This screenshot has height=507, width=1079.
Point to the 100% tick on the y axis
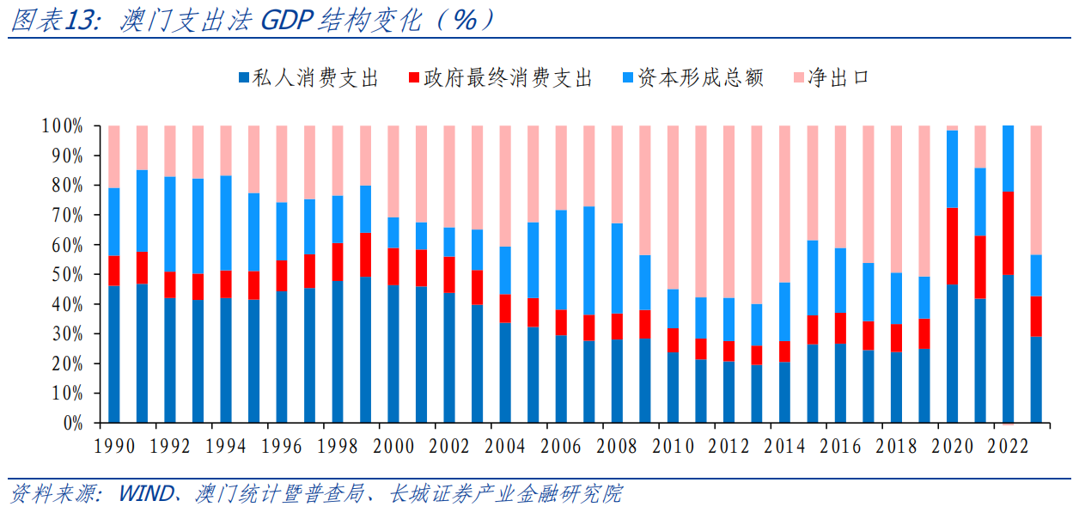pyautogui.click(x=62, y=126)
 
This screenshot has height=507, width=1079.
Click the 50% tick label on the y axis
pyautogui.click(x=65, y=275)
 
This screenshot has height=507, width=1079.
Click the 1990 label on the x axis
pyautogui.click(x=115, y=447)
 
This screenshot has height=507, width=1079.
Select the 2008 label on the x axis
pyautogui.click(x=618, y=447)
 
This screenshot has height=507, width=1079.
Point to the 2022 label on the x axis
pyautogui.click(x=1009, y=447)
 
